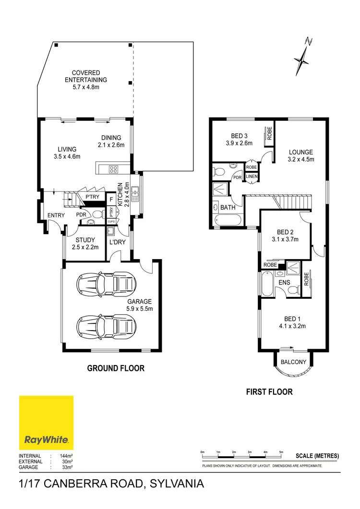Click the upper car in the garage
[104, 284]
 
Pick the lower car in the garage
[104, 327]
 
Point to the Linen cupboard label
[252, 177]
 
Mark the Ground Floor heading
[115, 368]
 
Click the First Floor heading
[269, 392]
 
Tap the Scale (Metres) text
[317, 456]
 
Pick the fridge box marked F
[111, 199]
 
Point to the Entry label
[56, 215]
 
